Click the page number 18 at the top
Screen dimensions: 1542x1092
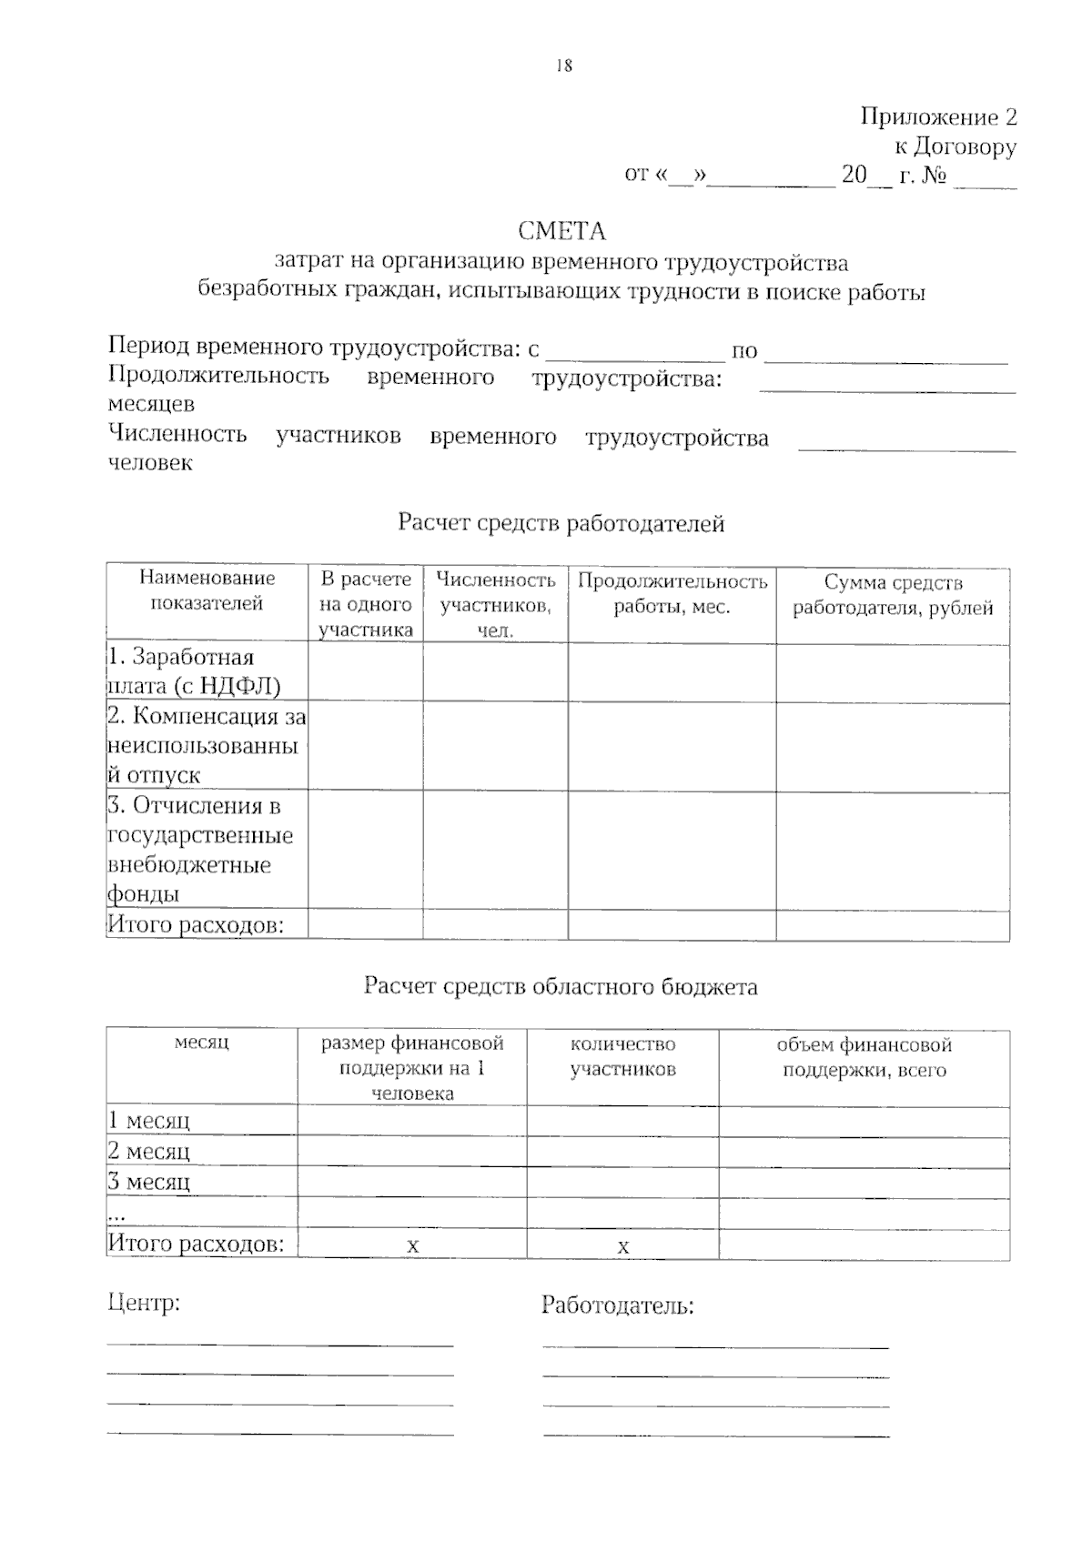click(563, 66)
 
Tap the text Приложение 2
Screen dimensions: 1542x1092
click(938, 117)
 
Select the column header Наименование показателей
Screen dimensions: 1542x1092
click(207, 590)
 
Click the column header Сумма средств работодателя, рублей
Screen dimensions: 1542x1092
click(893, 596)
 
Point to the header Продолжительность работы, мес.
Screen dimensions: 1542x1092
click(672, 594)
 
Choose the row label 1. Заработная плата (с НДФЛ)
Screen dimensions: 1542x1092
click(194, 671)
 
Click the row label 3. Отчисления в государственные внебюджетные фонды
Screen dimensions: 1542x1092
click(200, 850)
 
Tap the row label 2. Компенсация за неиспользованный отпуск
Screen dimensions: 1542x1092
click(206, 745)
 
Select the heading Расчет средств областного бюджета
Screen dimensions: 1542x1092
click(561, 986)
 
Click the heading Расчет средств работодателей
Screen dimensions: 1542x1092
click(561, 523)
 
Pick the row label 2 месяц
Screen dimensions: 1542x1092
click(149, 1152)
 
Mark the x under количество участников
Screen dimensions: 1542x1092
click(622, 1247)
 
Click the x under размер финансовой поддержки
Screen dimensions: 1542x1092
click(412, 1246)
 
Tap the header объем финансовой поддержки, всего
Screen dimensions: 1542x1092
click(864, 1057)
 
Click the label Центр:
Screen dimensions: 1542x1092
click(144, 1303)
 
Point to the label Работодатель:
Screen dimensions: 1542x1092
click(617, 1305)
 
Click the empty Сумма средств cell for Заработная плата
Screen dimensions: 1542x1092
click(892, 673)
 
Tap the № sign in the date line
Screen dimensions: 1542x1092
click(935, 176)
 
